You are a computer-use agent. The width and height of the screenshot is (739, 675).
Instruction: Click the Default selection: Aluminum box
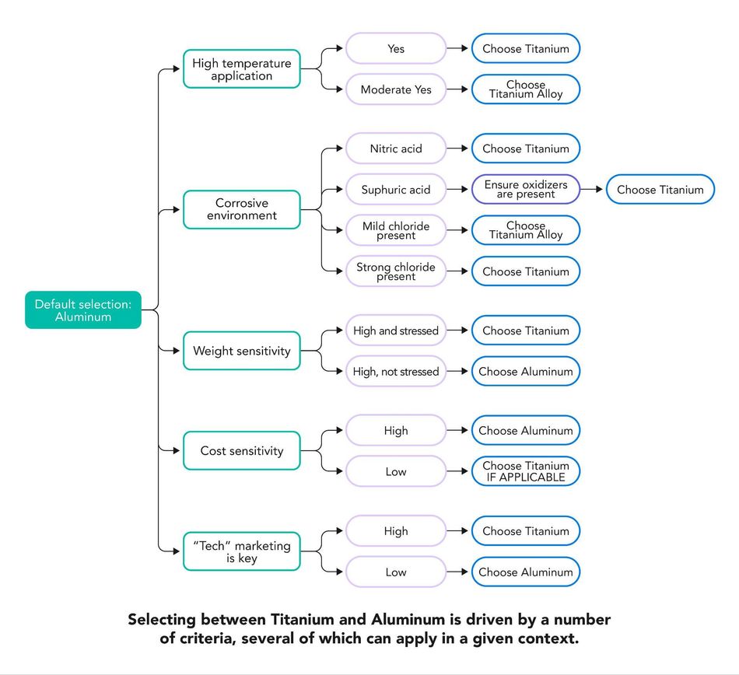[x=83, y=310]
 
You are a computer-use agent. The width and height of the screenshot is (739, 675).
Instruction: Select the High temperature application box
[x=242, y=68]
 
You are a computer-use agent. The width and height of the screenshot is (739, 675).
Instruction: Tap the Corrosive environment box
[x=242, y=210]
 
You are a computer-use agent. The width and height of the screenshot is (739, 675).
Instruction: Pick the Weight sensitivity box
[x=242, y=351]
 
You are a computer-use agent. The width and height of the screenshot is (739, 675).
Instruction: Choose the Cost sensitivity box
[x=242, y=451]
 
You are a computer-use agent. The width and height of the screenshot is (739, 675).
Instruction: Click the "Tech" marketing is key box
[x=242, y=551]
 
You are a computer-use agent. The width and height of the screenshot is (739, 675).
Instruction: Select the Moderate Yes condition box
[x=396, y=89]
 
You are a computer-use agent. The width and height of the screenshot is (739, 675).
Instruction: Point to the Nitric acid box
[x=396, y=149]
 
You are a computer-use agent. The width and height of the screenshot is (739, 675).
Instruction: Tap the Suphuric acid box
[x=396, y=190]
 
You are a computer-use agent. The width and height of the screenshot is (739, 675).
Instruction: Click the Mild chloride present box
[x=396, y=230]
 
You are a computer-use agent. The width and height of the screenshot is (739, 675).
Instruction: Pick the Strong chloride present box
[x=396, y=271]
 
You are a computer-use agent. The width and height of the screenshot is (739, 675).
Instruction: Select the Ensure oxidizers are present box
[x=526, y=190]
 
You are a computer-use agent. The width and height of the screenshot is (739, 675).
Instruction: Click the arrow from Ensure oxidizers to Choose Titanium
[x=591, y=190]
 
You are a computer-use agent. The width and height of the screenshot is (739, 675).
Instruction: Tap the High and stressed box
[x=396, y=331]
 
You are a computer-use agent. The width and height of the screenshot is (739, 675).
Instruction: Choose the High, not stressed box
[x=396, y=371]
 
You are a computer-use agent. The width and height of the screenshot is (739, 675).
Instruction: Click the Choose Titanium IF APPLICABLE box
[x=526, y=471]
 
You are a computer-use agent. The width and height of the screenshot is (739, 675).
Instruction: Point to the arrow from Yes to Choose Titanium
[x=457, y=48]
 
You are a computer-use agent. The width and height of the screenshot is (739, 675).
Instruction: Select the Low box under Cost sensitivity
[x=396, y=471]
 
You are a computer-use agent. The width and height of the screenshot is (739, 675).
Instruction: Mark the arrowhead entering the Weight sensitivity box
[x=177, y=351]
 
